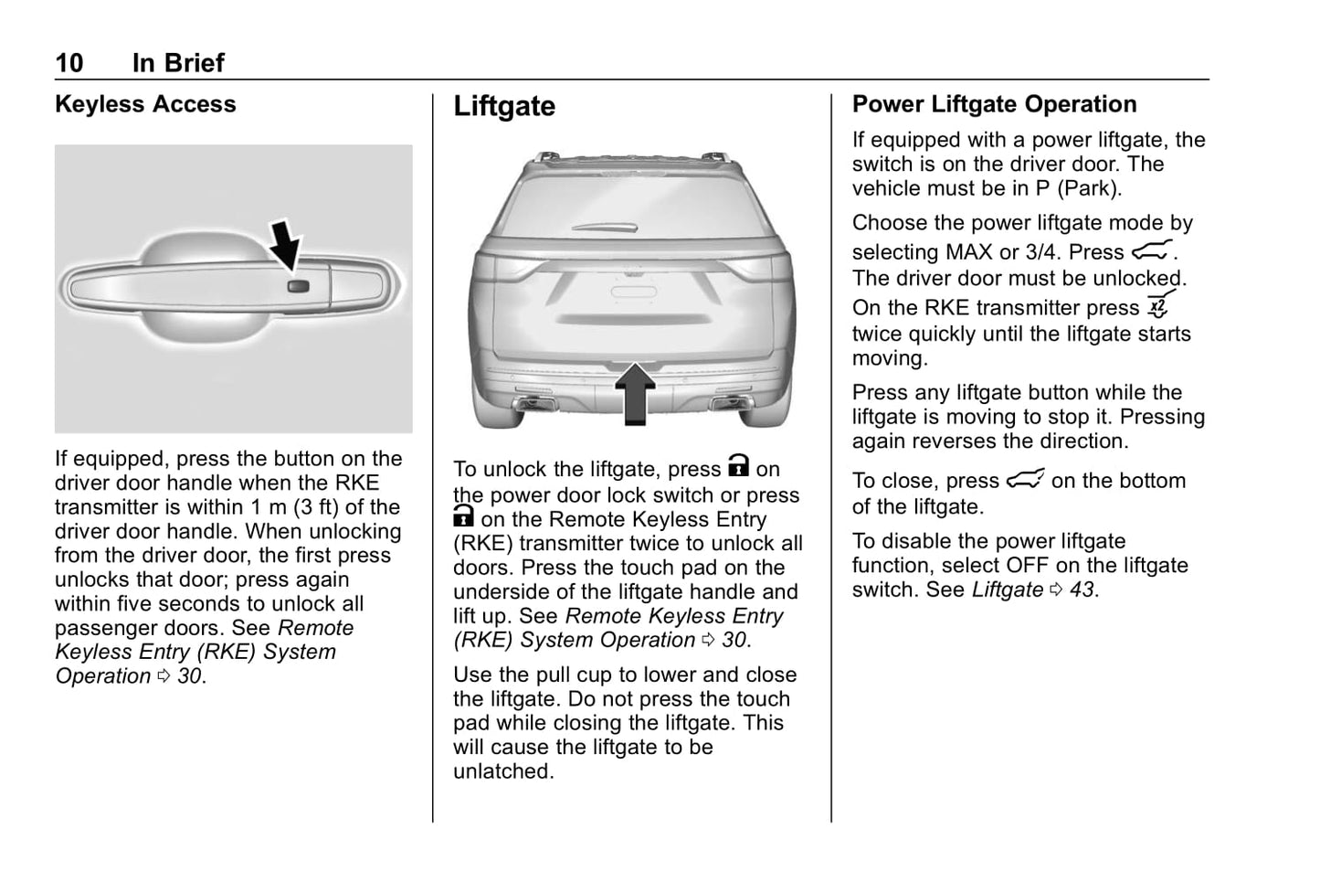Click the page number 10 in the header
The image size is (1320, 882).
click(x=69, y=63)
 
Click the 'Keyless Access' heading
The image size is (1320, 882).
click(x=145, y=104)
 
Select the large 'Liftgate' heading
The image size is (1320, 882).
click(x=504, y=106)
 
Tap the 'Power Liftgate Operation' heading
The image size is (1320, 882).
click(x=994, y=104)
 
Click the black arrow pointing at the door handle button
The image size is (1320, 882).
click(x=287, y=243)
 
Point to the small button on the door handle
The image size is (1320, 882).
click(x=299, y=286)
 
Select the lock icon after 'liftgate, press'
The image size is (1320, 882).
click(x=738, y=467)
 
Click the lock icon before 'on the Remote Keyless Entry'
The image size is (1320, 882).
click(x=463, y=517)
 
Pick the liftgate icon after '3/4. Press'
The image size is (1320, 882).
click(x=1151, y=250)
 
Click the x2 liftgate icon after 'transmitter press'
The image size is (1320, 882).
click(x=1158, y=306)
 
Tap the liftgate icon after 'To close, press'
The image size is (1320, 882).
click(x=1025, y=480)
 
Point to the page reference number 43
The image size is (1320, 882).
click(x=1082, y=590)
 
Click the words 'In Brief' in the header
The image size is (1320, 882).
click(x=178, y=63)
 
